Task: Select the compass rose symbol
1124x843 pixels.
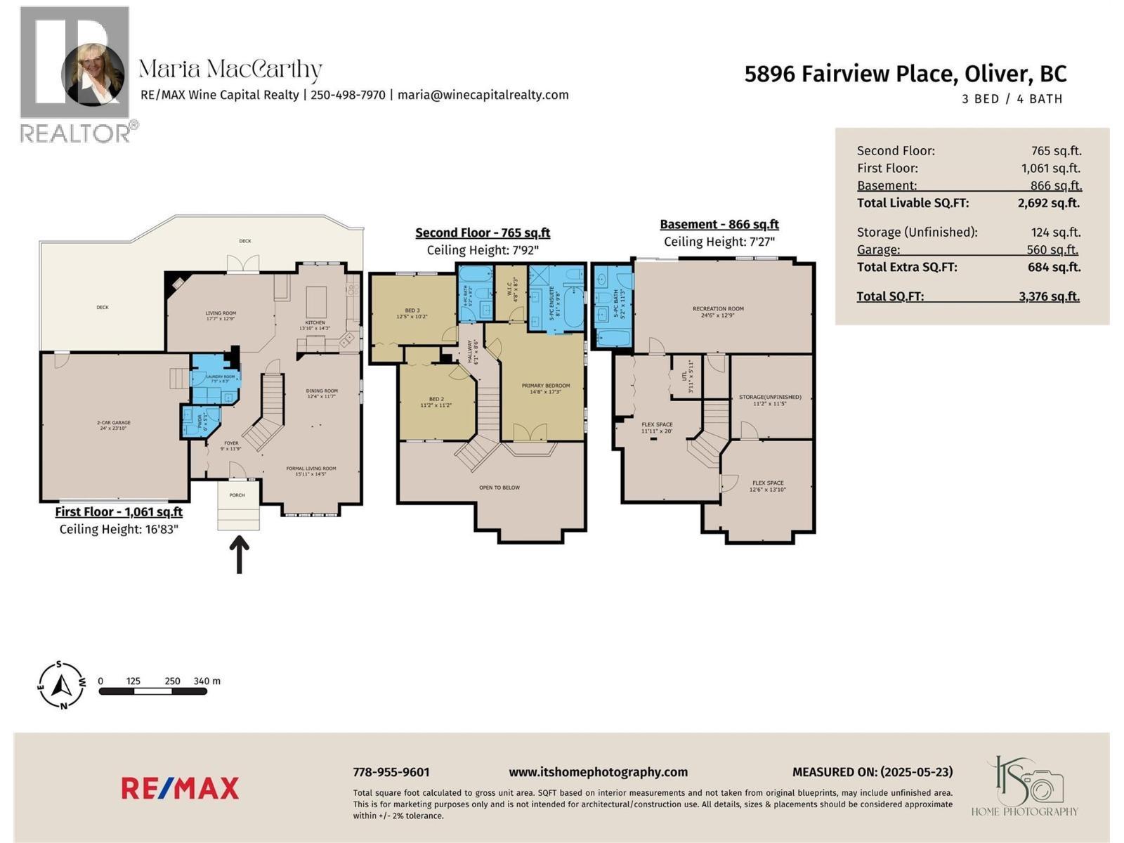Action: (62, 684)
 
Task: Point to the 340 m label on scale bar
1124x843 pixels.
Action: (207, 681)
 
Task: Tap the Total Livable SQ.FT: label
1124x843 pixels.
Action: (913, 203)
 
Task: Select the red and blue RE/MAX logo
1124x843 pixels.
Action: (180, 788)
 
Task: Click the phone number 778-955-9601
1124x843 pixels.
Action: (391, 772)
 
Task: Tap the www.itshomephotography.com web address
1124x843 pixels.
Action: (598, 772)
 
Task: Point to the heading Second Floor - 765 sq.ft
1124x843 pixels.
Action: (482, 233)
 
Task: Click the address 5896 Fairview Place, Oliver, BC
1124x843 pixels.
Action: (905, 74)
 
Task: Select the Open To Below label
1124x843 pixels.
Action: (499, 488)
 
